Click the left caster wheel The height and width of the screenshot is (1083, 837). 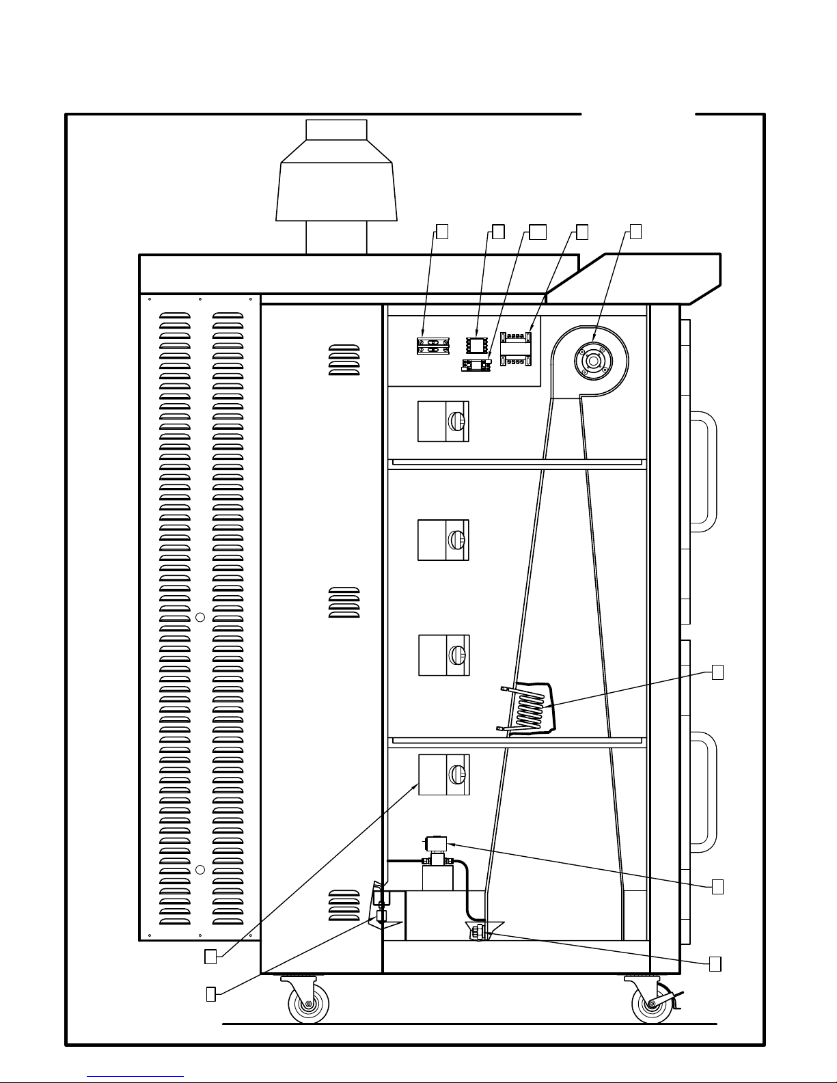pyautogui.click(x=309, y=1005)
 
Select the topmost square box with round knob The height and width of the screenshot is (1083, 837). pyautogui.click(x=443, y=421)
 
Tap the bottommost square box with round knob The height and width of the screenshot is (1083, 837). pyautogui.click(x=443, y=774)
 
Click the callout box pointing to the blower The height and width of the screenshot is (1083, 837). pyautogui.click(x=635, y=232)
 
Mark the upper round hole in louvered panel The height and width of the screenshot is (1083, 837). pyautogui.click(x=200, y=617)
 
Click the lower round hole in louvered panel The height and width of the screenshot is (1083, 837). pyautogui.click(x=200, y=870)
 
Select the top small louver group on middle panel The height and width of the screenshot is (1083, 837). pyautogui.click(x=344, y=359)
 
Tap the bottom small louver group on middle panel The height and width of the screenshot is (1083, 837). pyautogui.click(x=344, y=905)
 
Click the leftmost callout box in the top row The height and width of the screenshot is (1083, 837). pyautogui.click(x=442, y=232)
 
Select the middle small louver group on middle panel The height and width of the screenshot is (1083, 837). pyautogui.click(x=344, y=603)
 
